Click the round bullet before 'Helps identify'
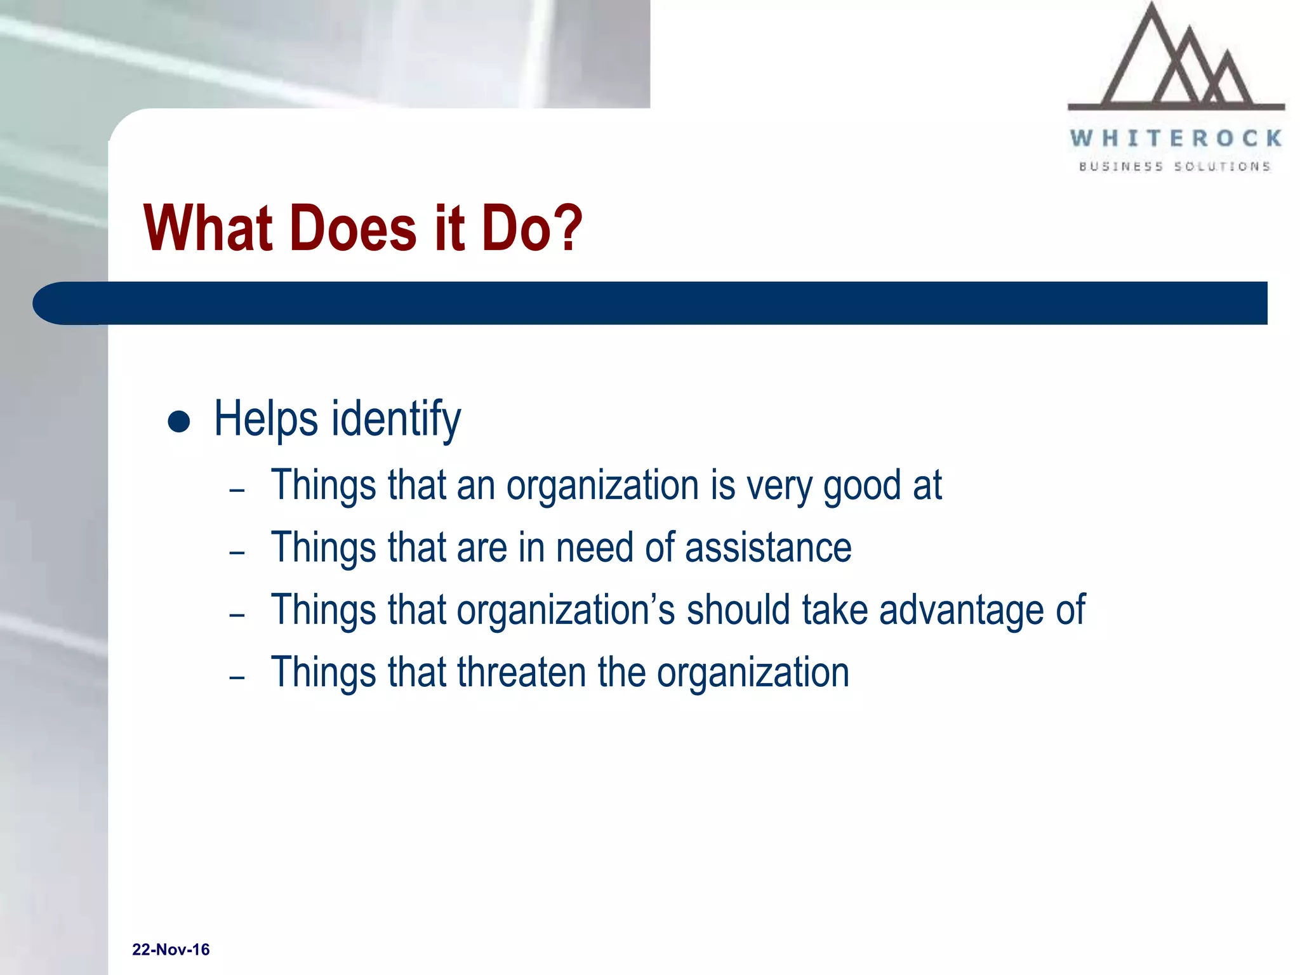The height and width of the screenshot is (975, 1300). (x=179, y=421)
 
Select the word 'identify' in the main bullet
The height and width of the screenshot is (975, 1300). (x=396, y=419)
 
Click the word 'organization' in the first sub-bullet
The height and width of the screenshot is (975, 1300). (x=602, y=486)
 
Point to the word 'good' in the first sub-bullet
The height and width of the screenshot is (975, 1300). (x=862, y=486)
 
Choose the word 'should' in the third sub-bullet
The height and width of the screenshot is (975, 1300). (x=738, y=610)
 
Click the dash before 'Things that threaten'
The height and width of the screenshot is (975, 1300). (x=237, y=678)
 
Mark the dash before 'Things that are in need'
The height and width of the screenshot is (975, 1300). (x=237, y=553)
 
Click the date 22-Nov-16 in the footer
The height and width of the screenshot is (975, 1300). (x=171, y=950)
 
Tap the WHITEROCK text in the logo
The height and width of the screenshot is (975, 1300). (x=1176, y=138)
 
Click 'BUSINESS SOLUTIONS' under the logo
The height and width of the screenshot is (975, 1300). (x=1175, y=166)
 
